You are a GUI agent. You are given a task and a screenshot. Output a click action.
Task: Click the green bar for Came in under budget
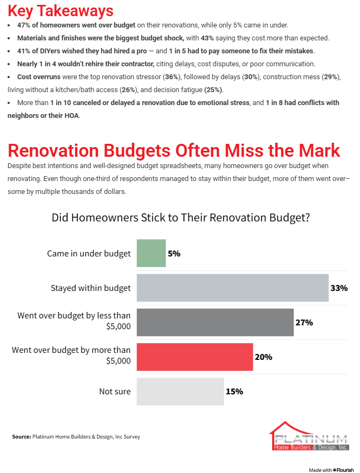click(x=151, y=253)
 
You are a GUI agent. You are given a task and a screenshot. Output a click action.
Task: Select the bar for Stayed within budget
click(x=232, y=288)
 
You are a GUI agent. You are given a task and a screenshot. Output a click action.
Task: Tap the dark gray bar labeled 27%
click(x=215, y=322)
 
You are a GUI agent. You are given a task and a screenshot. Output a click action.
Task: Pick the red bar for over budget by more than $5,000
click(x=195, y=357)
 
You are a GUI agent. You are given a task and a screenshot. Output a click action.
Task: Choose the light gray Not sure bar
click(x=180, y=391)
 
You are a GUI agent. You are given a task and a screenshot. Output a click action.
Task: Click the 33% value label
click(x=339, y=288)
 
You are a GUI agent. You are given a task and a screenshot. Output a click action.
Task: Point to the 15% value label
click(x=234, y=391)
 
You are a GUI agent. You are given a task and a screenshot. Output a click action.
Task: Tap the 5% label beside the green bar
click(x=174, y=253)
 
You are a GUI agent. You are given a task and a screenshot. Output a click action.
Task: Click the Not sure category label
click(x=115, y=391)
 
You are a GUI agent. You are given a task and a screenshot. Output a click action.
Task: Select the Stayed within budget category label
click(x=91, y=288)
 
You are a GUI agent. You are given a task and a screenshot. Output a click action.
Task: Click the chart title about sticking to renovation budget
click(x=180, y=218)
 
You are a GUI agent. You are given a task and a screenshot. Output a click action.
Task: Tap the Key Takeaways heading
click(x=60, y=11)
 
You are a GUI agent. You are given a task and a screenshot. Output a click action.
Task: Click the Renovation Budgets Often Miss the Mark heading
click(x=174, y=150)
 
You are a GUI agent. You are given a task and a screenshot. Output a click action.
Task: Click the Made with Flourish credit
click(x=331, y=470)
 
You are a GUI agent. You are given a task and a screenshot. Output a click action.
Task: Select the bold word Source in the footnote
click(x=21, y=437)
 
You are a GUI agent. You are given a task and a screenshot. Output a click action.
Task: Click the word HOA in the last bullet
click(x=71, y=115)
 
